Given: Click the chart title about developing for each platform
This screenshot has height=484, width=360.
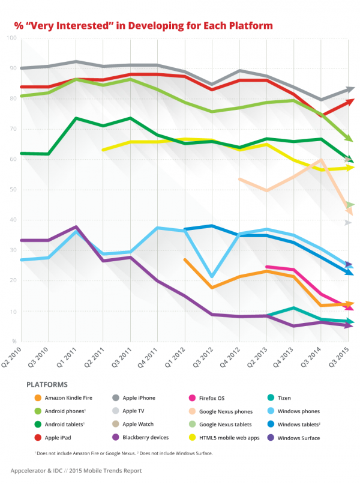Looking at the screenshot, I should click(x=143, y=26).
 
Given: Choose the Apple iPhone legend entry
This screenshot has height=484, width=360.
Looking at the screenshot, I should click(x=138, y=398).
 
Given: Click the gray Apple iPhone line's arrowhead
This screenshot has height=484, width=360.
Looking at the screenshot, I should click(x=350, y=89).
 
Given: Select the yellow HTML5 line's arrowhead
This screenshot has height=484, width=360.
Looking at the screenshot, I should click(x=350, y=168).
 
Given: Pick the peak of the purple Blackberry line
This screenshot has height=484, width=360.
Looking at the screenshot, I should click(x=76, y=227).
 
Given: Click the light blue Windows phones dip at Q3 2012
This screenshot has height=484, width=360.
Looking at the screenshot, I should click(x=211, y=277).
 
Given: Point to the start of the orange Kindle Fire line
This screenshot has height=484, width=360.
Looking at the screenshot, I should click(x=184, y=259).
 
